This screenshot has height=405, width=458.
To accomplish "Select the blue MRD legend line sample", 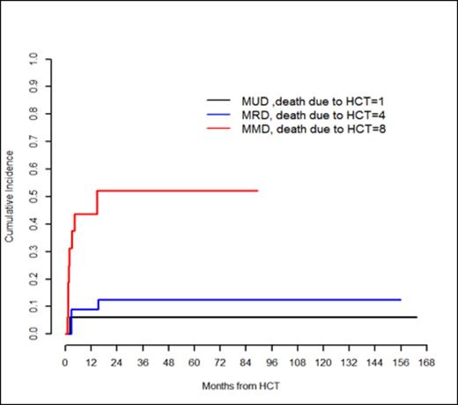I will click(x=218, y=114).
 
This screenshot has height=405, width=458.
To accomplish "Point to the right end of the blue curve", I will click(x=401, y=300).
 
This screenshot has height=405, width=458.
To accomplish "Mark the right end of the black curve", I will click(x=416, y=317).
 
